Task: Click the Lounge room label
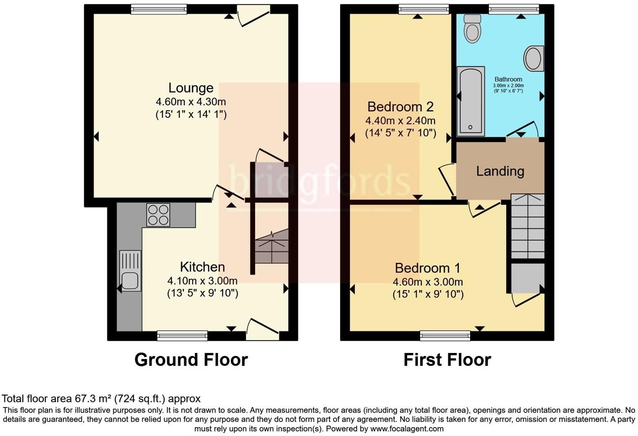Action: pyautogui.click(x=191, y=88)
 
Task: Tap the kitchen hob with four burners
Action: pyautogui.click(x=158, y=215)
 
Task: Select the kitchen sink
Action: pyautogui.click(x=130, y=270)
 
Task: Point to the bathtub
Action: pyautogui.click(x=471, y=101)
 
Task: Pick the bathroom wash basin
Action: pyautogui.click(x=534, y=58)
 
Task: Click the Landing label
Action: pyautogui.click(x=500, y=171)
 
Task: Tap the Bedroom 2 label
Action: pyautogui.click(x=400, y=106)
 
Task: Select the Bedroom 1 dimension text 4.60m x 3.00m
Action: pyautogui.click(x=428, y=282)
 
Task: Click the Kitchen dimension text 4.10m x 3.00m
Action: pyautogui.click(x=202, y=280)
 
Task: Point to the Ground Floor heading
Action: pyautogui.click(x=191, y=360)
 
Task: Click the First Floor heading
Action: pyautogui.click(x=447, y=360)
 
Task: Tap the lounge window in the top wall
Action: pyautogui.click(x=159, y=9)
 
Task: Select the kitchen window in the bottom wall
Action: pyautogui.click(x=182, y=335)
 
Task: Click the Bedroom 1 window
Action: pyautogui.click(x=445, y=335)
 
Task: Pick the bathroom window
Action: pyautogui.click(x=514, y=9)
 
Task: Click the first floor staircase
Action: pyautogui.click(x=528, y=226)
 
